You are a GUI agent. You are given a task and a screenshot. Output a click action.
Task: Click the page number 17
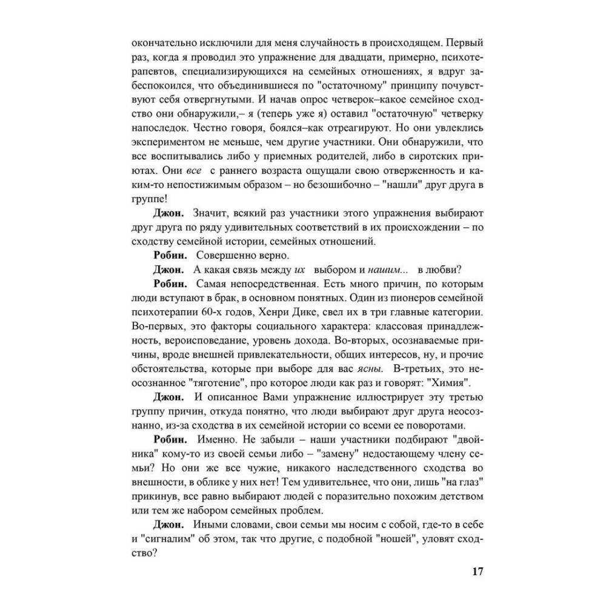(476, 571)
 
